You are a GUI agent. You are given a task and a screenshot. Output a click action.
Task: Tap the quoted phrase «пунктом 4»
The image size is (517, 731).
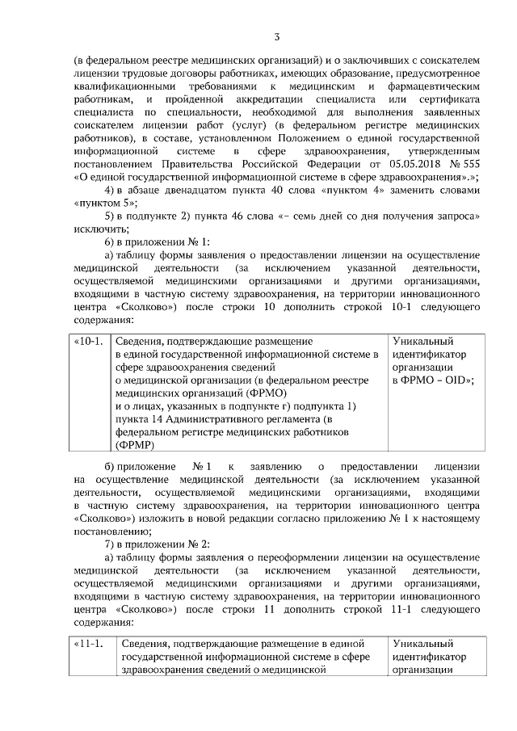(x=352, y=190)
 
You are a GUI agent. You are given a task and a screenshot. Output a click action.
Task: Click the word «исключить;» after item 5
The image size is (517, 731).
(x=98, y=229)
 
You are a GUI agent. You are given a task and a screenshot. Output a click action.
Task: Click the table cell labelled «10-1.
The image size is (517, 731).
(x=88, y=341)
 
